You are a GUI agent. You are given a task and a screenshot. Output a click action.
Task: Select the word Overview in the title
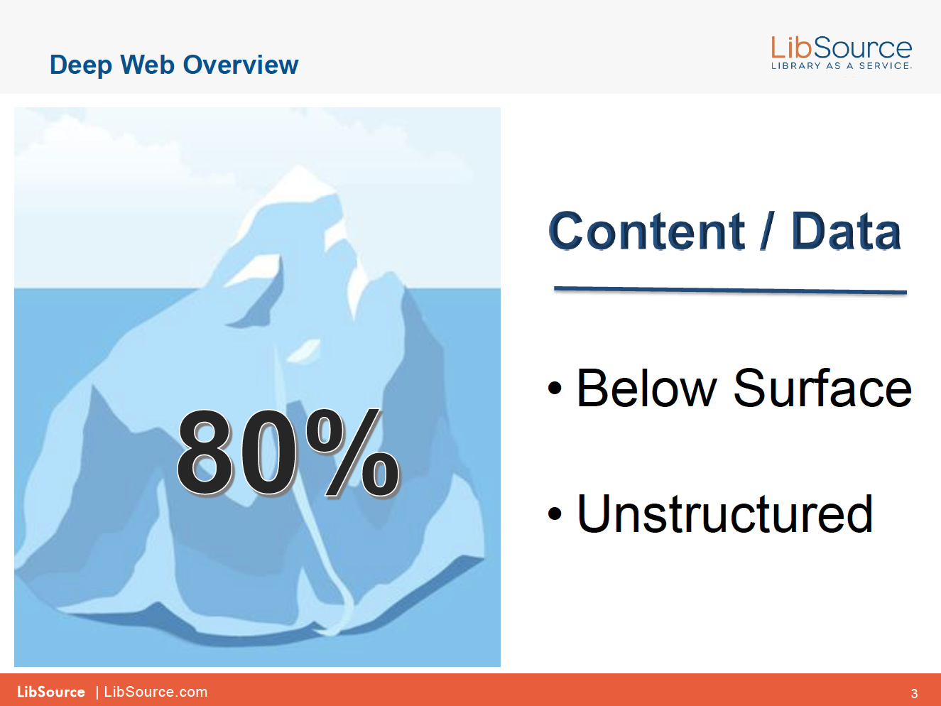point(241,65)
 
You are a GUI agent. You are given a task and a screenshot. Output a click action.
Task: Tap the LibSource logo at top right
point(841,53)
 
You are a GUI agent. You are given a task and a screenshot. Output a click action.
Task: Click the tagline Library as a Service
point(841,65)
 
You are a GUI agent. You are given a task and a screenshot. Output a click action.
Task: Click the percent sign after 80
point(352,453)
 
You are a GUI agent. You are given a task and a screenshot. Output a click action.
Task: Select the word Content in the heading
point(646,231)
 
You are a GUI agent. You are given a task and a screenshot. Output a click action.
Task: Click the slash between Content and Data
point(768,231)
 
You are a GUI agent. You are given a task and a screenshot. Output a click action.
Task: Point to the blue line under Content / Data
point(730,290)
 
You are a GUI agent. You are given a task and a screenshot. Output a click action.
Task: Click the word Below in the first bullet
point(646,388)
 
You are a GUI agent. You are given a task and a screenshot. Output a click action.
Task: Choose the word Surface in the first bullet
point(822,388)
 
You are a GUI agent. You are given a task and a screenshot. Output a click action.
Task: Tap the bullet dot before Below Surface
point(555,388)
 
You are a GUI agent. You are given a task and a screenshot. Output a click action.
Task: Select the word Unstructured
point(724,513)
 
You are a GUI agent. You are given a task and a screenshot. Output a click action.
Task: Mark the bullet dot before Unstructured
point(555,513)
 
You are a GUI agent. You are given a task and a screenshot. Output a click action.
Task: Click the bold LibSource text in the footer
point(51,692)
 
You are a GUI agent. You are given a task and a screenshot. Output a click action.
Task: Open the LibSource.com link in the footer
point(156,692)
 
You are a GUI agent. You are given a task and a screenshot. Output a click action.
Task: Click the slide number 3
point(914,693)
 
